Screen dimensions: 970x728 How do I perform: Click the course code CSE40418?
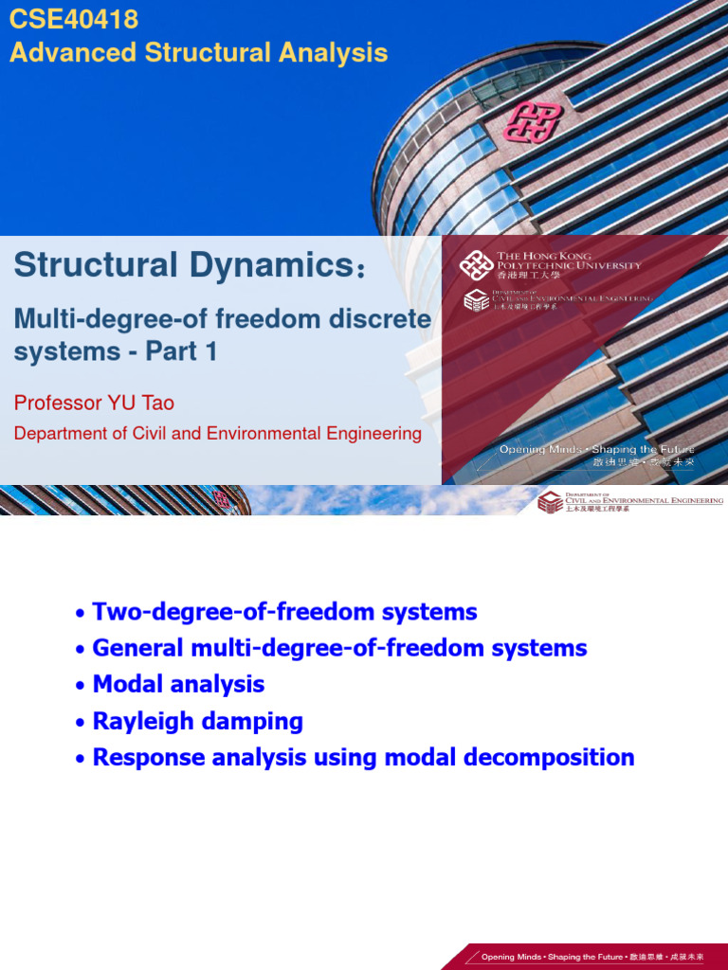(74, 19)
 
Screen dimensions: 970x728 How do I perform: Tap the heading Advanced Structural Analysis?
(198, 52)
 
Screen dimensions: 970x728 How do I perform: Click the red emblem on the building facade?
(533, 121)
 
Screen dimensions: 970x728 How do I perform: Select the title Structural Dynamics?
(180, 265)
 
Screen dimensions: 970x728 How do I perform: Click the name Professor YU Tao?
(94, 403)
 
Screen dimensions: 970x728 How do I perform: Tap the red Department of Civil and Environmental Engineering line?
(217, 434)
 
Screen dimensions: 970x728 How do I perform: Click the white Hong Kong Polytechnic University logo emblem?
(476, 264)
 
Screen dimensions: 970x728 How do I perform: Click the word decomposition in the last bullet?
(550, 757)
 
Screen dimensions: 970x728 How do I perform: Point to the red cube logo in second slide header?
(549, 501)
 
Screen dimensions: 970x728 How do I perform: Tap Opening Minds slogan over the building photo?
(597, 449)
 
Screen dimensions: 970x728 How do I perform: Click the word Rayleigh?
(139, 721)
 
